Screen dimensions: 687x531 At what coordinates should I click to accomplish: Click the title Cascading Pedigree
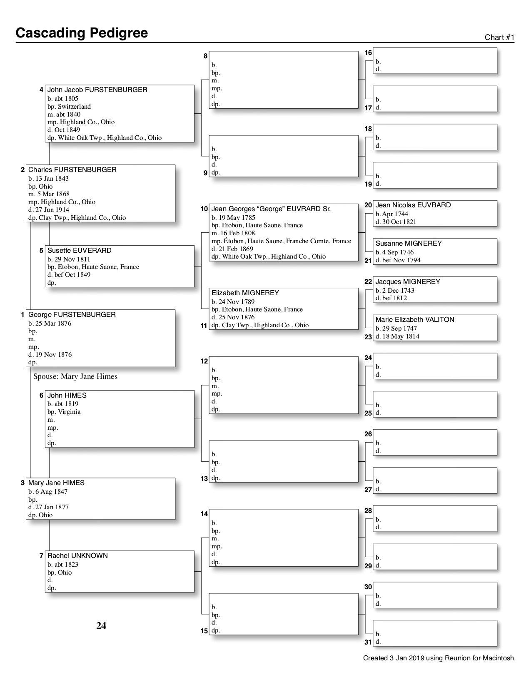(x=82, y=33)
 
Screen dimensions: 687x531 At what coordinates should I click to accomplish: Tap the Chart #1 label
(x=499, y=37)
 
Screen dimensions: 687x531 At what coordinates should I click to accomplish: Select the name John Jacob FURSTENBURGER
(x=97, y=90)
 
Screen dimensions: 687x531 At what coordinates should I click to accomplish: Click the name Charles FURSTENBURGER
(x=72, y=170)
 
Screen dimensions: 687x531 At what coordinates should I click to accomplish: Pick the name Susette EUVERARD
(x=79, y=251)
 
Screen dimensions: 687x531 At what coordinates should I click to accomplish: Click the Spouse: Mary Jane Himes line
(x=75, y=376)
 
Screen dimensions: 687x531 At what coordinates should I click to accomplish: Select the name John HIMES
(x=67, y=396)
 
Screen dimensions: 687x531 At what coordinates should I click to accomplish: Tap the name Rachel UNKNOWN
(x=77, y=556)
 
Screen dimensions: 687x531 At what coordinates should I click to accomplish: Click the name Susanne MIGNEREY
(x=408, y=244)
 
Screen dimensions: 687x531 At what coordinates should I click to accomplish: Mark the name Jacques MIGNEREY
(x=407, y=282)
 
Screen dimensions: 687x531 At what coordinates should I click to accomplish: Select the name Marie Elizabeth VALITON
(x=414, y=320)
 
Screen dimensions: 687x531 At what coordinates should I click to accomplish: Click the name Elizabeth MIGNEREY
(x=245, y=293)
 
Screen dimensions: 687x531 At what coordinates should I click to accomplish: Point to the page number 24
(x=101, y=626)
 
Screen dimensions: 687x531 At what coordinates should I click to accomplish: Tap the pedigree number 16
(x=368, y=53)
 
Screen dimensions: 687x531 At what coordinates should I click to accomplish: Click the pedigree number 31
(x=368, y=642)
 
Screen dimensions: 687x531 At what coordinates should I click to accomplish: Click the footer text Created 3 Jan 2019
(x=438, y=658)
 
